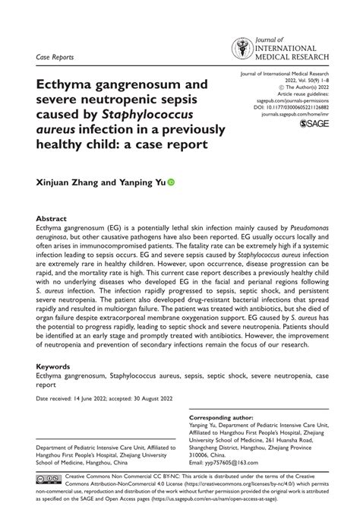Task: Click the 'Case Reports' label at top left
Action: (x=55, y=55)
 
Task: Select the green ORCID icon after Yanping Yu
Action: (x=170, y=182)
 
